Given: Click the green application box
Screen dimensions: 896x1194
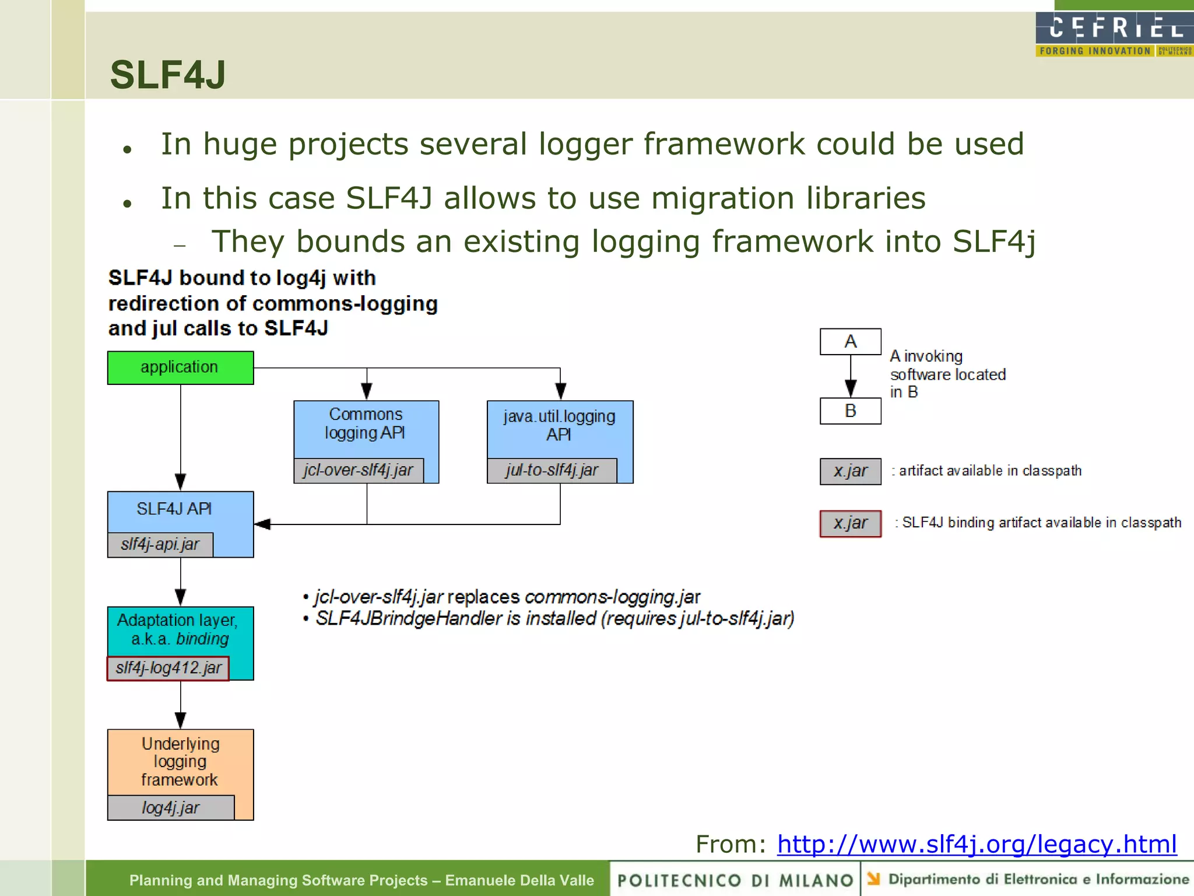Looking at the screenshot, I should tap(180, 367).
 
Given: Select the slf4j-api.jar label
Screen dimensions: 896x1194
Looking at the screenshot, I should tap(160, 544).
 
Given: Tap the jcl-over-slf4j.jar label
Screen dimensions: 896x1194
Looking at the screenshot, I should tap(359, 470).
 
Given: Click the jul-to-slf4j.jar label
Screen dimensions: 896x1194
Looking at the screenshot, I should tap(552, 470).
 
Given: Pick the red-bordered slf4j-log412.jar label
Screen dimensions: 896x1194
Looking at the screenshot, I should tap(168, 668).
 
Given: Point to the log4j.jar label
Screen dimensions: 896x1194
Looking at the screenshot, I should tap(171, 808).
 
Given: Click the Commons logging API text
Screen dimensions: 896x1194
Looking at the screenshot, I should tap(366, 423).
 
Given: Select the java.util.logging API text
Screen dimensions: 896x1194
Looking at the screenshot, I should tap(559, 425).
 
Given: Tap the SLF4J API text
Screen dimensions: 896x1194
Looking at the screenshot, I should tap(174, 509).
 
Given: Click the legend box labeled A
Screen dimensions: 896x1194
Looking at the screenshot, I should tap(850, 342).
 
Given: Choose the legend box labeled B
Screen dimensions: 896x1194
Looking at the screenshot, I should tap(850, 411).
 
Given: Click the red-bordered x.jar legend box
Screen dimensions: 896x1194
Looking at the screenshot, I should tap(850, 523).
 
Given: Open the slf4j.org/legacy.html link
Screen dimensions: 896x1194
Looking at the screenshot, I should tap(977, 844).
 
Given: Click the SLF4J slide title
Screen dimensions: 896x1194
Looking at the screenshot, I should tap(168, 75).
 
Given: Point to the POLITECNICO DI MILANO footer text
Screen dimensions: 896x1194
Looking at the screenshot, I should tap(735, 880).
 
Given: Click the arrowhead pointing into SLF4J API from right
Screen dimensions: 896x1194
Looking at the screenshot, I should tap(262, 524).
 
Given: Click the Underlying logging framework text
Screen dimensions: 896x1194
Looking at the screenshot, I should tap(180, 761).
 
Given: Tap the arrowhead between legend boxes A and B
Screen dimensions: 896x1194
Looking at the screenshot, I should tap(851, 388).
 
